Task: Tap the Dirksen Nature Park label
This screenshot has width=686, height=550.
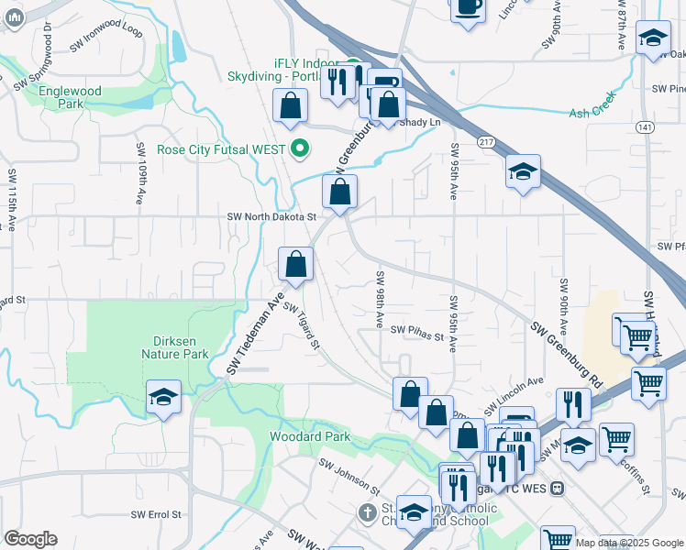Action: [x=175, y=346]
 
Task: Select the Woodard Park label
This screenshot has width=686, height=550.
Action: [x=310, y=436]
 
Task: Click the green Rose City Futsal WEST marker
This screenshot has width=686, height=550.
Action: [x=299, y=148]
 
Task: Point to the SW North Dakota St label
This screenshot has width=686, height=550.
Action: [x=271, y=217]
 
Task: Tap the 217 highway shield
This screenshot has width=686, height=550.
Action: [x=485, y=141]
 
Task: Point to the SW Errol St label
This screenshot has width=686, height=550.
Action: [x=156, y=515]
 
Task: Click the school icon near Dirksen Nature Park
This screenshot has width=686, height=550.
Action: [x=163, y=397]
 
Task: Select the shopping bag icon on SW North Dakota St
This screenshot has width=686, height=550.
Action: [x=339, y=192]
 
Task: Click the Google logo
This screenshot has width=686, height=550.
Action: [x=30, y=539]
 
